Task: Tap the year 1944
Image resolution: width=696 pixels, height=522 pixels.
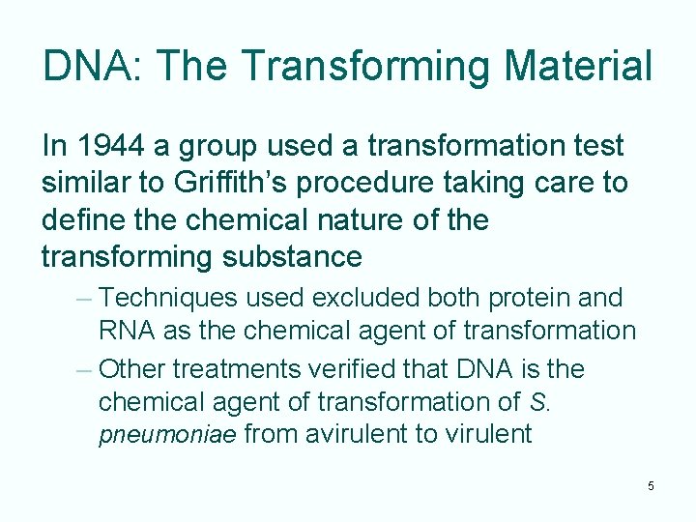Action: point(112,146)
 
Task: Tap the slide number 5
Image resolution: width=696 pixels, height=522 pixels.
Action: point(651,485)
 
